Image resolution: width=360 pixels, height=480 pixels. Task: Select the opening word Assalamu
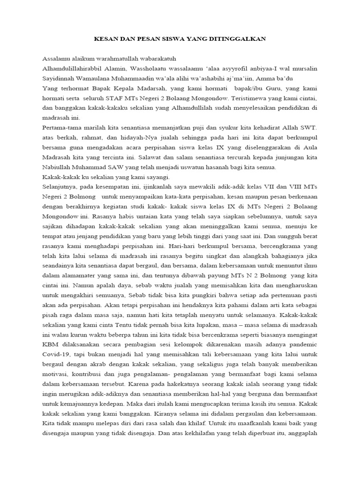click(x=56, y=59)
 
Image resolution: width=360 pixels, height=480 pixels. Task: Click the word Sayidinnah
click(x=59, y=78)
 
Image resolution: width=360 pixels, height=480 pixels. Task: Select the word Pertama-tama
click(x=62, y=127)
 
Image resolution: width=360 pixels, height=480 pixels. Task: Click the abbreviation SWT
click(x=307, y=127)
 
